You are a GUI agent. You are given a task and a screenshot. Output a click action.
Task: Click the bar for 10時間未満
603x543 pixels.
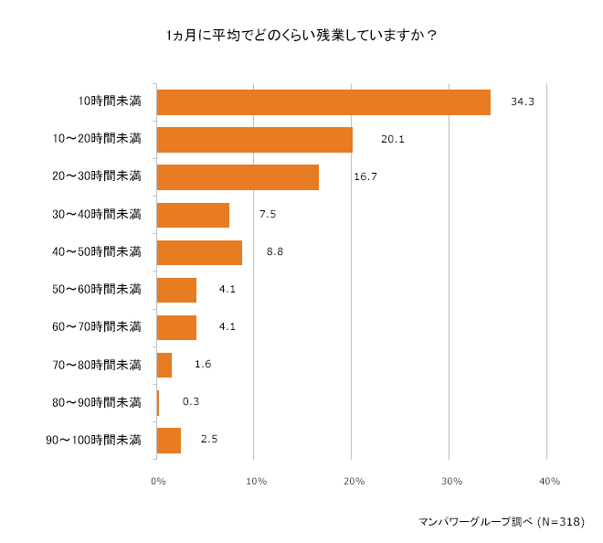323,102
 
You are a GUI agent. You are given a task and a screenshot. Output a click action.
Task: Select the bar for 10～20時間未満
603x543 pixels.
255,140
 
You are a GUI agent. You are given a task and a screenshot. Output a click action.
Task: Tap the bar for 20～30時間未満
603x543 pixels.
238,177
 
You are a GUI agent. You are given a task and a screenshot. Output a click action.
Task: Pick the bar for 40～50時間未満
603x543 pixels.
199,252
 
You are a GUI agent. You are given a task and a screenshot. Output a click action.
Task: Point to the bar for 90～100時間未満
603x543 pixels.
169,440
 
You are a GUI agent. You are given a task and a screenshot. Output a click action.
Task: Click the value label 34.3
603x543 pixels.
522,102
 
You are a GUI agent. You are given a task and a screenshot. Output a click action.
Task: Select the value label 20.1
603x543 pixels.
392,140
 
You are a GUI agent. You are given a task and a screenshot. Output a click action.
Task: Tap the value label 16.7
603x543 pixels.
365,177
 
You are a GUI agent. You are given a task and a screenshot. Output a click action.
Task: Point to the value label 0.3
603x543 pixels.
192,402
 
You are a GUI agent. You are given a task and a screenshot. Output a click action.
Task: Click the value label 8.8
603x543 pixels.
275,252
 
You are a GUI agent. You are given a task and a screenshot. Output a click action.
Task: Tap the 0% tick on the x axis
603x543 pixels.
157,481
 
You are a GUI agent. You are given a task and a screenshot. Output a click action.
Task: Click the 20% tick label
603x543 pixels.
353,481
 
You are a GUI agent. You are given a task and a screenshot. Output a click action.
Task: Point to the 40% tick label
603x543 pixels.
549,481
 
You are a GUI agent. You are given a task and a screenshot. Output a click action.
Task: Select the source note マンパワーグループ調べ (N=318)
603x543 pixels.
500,521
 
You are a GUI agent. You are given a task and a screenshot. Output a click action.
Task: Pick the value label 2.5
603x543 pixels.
208,440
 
